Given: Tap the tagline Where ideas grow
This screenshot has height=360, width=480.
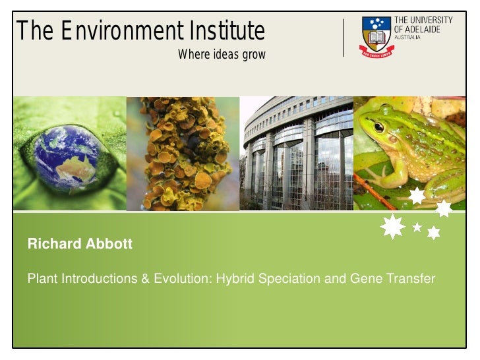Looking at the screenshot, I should click(x=222, y=55).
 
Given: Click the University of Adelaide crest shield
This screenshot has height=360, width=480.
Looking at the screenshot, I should click(x=376, y=36).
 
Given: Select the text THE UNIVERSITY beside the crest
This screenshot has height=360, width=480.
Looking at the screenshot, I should click(x=423, y=20).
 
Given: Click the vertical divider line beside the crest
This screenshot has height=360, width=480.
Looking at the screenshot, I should click(x=344, y=38).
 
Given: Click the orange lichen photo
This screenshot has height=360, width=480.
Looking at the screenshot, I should click(x=183, y=153).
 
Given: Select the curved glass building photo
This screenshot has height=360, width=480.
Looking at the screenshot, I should click(x=296, y=153).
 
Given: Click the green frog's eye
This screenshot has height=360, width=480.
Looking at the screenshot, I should click(x=378, y=127).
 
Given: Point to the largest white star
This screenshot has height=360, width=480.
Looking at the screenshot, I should click(x=393, y=226).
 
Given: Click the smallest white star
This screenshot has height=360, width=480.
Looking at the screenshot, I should click(x=417, y=227).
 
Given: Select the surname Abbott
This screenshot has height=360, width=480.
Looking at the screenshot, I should click(x=109, y=245).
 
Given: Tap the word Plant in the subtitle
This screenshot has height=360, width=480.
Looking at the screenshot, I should click(x=42, y=279).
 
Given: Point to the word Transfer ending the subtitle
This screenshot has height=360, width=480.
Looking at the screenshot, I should click(x=411, y=279).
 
